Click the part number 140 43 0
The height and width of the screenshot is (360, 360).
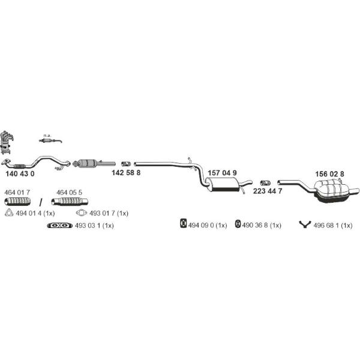coord(20,174)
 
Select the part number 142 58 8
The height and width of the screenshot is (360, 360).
coord(126,173)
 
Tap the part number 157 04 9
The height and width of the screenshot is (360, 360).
coord(222,173)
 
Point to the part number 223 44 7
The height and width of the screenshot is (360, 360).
coord(268,191)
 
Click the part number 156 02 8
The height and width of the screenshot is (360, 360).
coord(329,174)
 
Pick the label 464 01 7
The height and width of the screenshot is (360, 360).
coord(17,193)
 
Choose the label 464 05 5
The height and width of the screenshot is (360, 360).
coord(69,193)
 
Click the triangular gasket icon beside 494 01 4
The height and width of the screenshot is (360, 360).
coord(9,213)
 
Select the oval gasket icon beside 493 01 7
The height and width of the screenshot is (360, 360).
coord(82,213)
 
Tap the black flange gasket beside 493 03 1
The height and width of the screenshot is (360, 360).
coord(59,226)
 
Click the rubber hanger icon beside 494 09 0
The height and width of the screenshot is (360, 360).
coord(183,223)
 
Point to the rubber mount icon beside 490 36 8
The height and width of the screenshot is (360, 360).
coord(238,224)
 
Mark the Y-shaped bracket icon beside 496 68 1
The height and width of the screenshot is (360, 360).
coord(305,224)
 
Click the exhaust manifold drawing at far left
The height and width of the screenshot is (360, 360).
coord(7,142)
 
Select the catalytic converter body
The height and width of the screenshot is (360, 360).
coord(87,163)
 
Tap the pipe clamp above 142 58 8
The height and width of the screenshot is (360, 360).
coord(126,164)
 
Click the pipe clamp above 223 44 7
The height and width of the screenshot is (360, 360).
coord(265,183)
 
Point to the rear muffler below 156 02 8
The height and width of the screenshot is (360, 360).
coord(333,191)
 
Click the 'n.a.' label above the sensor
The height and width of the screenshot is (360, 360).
coord(47,136)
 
